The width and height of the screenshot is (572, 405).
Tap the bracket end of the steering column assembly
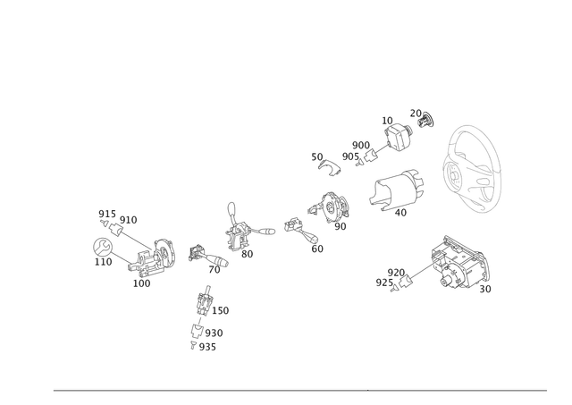click(x=161, y=254)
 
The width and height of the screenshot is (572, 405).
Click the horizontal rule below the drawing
click(x=299, y=391)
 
